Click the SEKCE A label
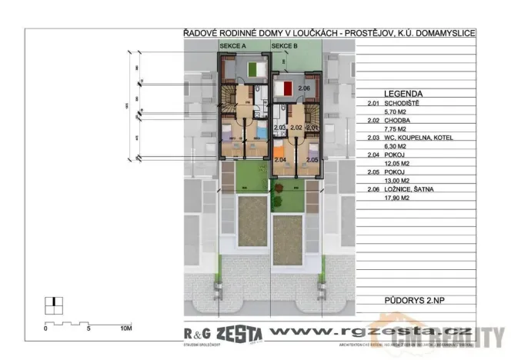pyautogui.click(x=232, y=47)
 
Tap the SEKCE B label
pyautogui.click(x=284, y=47)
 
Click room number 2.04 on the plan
pyautogui.click(x=280, y=159)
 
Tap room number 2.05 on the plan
pyautogui.click(x=312, y=159)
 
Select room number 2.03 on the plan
pyautogui.click(x=279, y=128)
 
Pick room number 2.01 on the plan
pyautogui.click(x=312, y=128)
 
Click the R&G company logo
pyautogui.click(x=196, y=332)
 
